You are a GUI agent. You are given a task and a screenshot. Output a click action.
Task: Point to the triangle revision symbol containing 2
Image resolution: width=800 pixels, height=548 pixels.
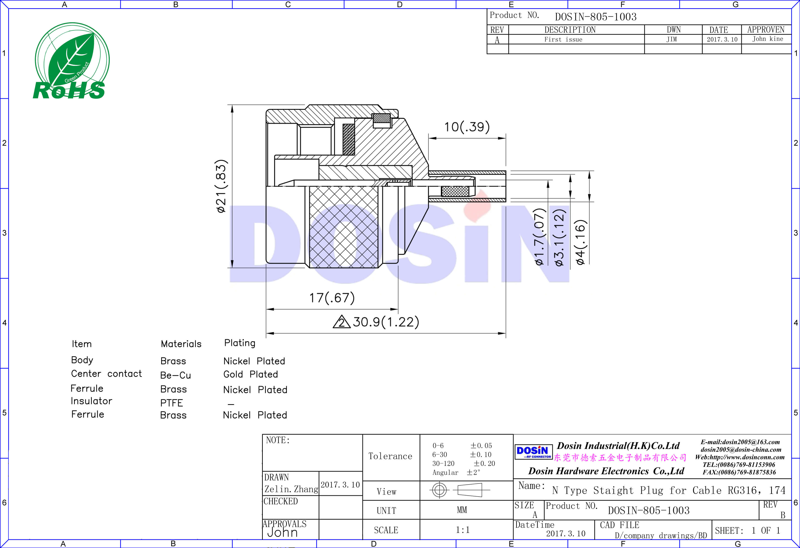tap(341, 322)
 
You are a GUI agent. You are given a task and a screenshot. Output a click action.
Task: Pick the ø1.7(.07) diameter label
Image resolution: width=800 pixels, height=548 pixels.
tap(540, 237)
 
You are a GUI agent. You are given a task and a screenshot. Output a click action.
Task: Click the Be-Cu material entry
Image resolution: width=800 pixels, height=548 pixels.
tap(175, 375)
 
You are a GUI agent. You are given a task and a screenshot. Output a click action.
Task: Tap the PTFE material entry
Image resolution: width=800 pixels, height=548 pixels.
tap(172, 403)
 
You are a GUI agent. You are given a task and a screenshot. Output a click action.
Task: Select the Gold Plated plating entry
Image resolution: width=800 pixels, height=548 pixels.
tap(250, 374)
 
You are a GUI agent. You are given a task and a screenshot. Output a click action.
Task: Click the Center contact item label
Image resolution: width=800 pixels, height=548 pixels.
tap(106, 374)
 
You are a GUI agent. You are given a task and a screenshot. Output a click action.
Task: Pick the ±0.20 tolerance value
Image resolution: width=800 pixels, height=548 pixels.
tap(484, 464)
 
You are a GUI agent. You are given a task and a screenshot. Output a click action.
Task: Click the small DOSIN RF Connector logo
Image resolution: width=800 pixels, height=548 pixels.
tap(533, 452)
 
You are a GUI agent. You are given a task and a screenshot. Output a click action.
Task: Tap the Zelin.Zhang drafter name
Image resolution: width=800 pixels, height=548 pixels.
tap(291, 489)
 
